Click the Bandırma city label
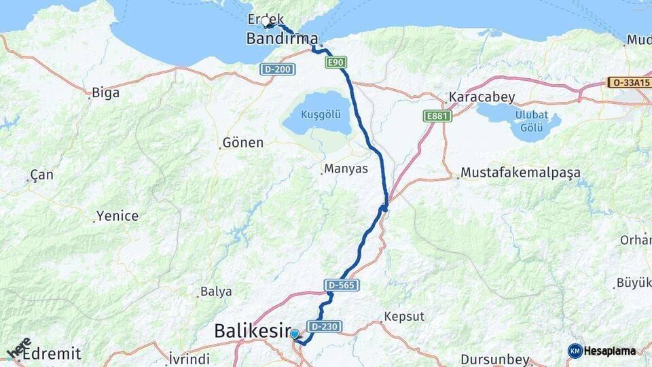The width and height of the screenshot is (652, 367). point(282,39)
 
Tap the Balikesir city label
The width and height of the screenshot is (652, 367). point(252,331)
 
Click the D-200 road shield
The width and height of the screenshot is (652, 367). point(277,69)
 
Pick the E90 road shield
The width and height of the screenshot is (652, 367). point(336,63)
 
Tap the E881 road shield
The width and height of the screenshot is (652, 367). point(437,116)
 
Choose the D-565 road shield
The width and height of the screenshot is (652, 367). point(342,285)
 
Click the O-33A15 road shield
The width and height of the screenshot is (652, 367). point(629,83)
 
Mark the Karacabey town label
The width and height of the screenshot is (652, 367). point(482,97)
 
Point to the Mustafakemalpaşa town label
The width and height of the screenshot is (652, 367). point(521,173)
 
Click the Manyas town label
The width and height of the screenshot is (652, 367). point(346,168)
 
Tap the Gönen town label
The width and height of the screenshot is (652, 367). point(242,143)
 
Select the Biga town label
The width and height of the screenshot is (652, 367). point(105,92)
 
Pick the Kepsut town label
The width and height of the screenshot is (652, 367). point(403,317)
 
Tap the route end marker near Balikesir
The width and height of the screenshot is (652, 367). point(294,334)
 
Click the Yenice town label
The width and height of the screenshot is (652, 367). point(117,216)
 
